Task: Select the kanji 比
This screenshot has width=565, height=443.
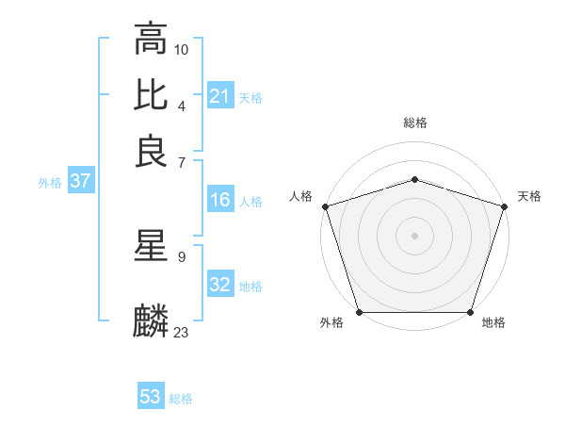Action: pos(151,95)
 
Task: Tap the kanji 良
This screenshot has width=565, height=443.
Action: pos(151,151)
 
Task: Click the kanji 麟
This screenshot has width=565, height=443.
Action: pos(151,321)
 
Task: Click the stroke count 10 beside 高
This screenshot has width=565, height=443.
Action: pos(182,49)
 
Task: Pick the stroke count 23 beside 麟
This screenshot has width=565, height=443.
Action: pos(182,332)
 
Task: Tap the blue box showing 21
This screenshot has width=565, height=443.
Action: pos(219,97)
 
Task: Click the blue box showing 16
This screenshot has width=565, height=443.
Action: pos(219,200)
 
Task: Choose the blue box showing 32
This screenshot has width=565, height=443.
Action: pos(219,285)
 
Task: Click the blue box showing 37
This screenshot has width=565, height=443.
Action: pos(80,182)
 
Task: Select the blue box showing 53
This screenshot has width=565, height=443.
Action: pos(151,397)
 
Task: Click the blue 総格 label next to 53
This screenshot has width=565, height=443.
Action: pos(181,399)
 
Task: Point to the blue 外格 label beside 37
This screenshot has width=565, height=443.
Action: pos(49,183)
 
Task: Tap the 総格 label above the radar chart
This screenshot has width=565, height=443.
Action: pos(414,123)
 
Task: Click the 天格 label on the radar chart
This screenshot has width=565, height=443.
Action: pos(529,196)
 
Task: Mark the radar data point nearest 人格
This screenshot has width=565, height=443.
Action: pos(325,206)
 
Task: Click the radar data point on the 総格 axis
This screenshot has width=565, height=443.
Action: pos(414,179)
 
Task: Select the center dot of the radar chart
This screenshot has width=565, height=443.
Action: pos(414,236)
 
